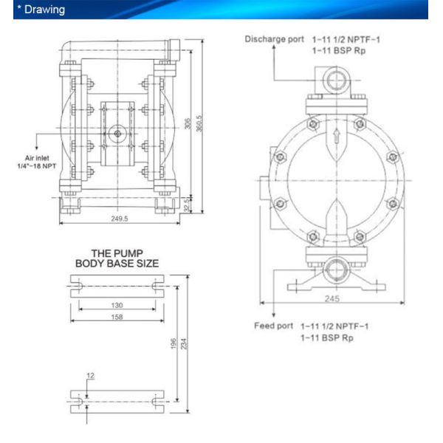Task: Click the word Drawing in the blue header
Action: pyautogui.click(x=44, y=10)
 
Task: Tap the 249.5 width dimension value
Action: pyautogui.click(x=119, y=219)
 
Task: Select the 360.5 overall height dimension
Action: pyautogui.click(x=199, y=123)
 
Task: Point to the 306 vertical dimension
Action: pyautogui.click(x=188, y=123)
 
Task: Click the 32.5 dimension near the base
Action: pyautogui.click(x=187, y=205)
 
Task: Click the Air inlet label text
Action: pyautogui.click(x=37, y=158)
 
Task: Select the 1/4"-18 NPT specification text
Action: pyautogui.click(x=37, y=166)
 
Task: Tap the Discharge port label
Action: pyautogui.click(x=275, y=39)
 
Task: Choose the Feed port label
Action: pyautogui.click(x=273, y=326)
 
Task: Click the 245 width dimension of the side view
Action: pyautogui.click(x=332, y=298)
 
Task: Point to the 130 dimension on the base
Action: pyautogui.click(x=117, y=305)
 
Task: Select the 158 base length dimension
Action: pyautogui.click(x=117, y=317)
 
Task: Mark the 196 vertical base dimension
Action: pyautogui.click(x=174, y=343)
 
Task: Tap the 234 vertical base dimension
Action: pyautogui.click(x=184, y=343)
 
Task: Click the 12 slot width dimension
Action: pyautogui.click(x=90, y=376)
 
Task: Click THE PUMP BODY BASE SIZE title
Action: pyautogui.click(x=117, y=258)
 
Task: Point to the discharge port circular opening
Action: pyautogui.click(x=337, y=80)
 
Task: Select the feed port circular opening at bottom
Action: pyautogui.click(x=337, y=270)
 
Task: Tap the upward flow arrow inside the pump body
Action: pyautogui.click(x=336, y=136)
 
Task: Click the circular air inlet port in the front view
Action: pyautogui.click(x=117, y=134)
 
